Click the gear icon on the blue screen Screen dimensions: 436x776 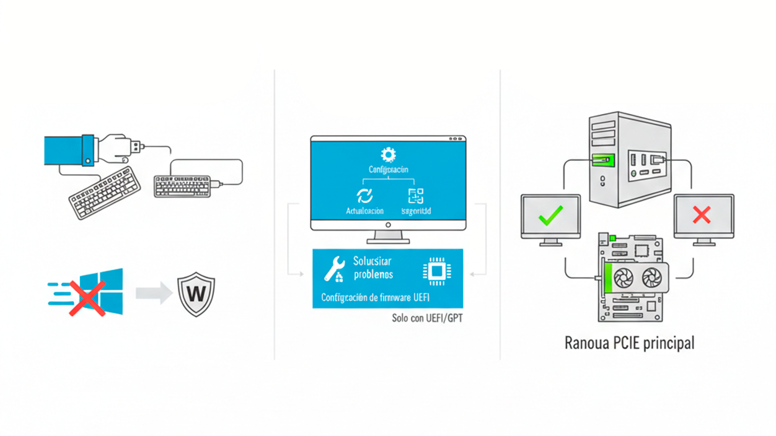389,154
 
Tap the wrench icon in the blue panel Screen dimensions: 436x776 334,268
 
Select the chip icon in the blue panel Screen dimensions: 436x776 434,271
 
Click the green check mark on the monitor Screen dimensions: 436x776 550,216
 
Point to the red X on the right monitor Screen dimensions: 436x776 702,215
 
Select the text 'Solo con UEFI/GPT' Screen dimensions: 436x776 427,318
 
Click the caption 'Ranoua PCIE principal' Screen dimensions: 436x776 629,342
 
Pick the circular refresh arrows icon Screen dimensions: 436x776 364,196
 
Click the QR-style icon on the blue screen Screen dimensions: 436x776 415,196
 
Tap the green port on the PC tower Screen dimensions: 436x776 602,159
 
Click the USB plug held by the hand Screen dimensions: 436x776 134,147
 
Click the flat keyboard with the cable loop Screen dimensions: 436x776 182,186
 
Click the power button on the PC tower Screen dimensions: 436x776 602,179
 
